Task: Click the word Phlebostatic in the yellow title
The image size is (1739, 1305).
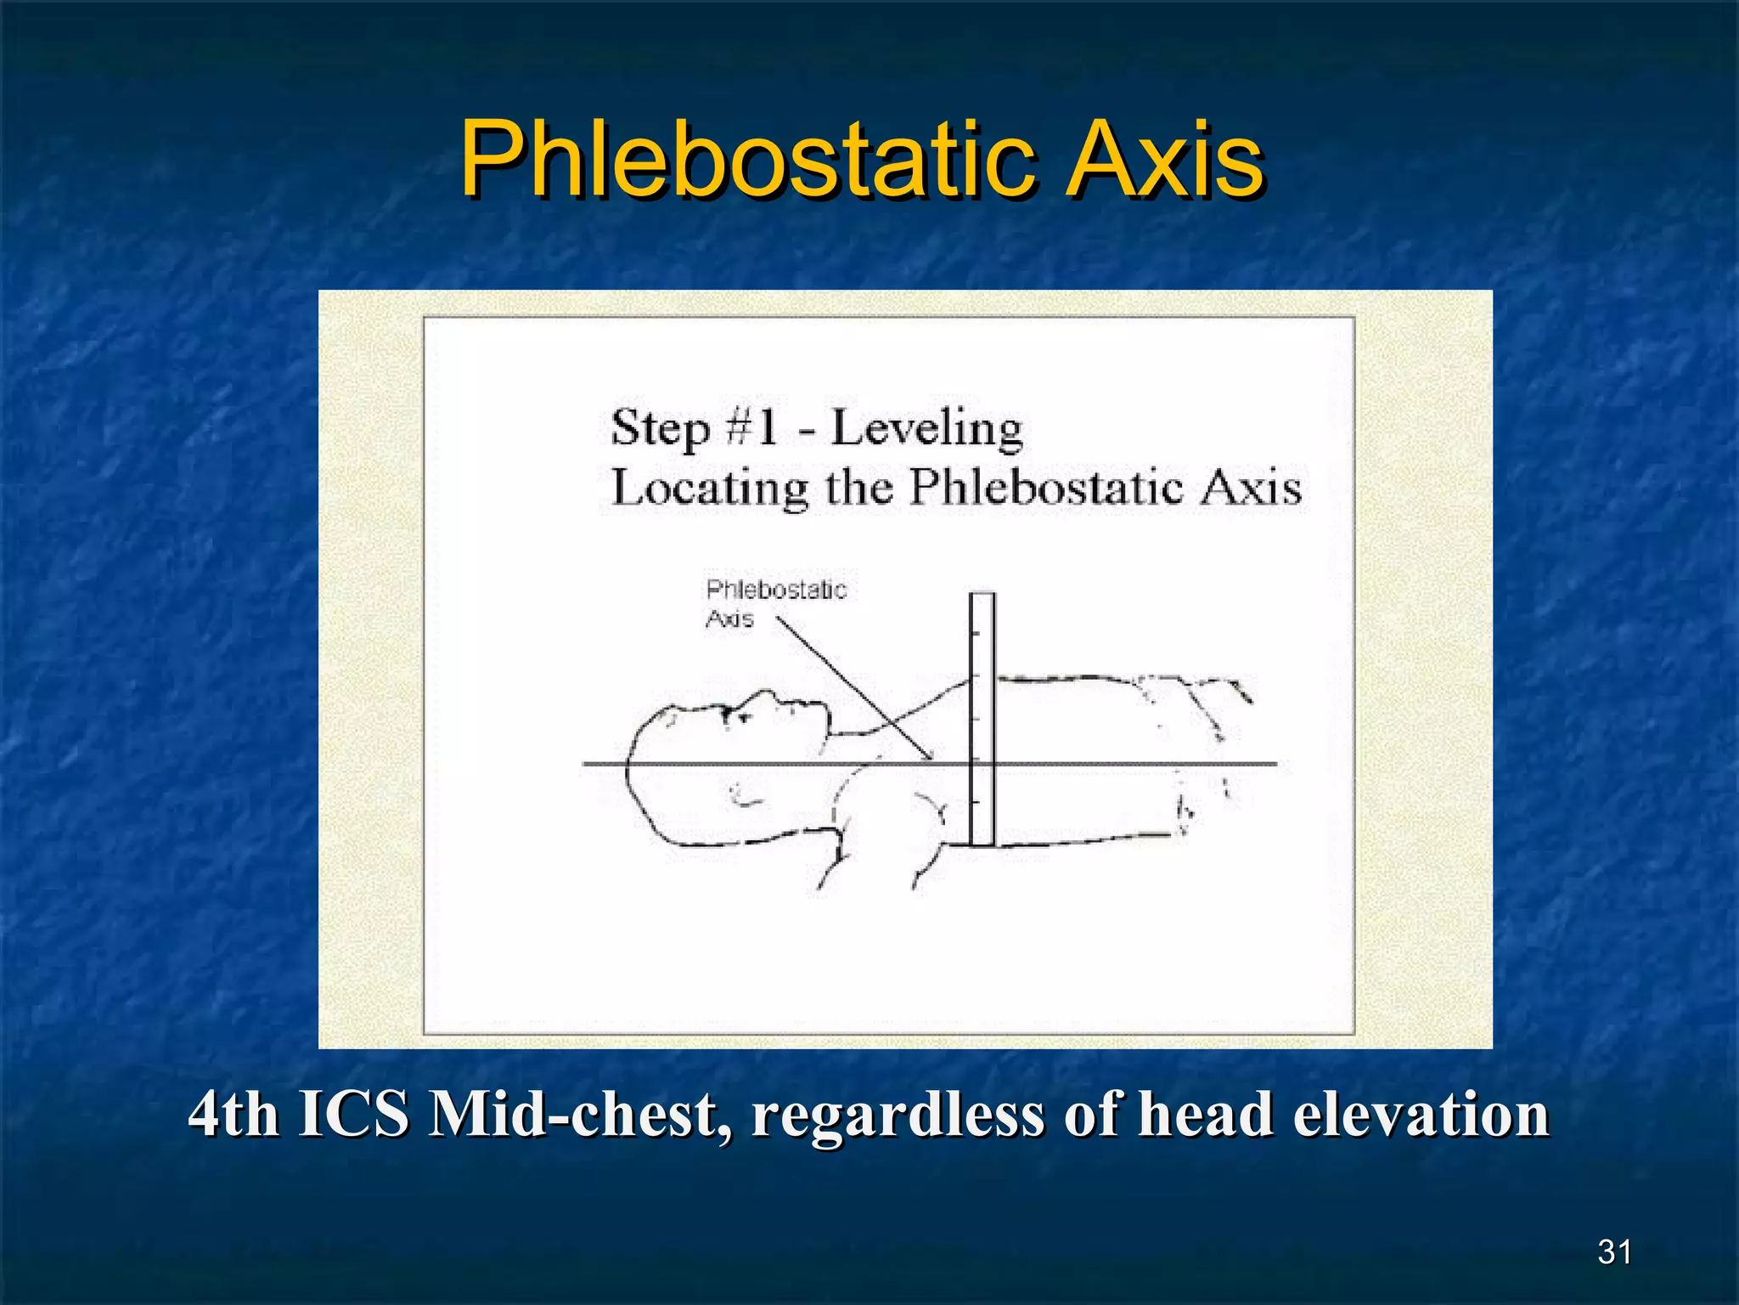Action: point(747,160)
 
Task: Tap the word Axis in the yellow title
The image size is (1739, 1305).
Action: point(1165,160)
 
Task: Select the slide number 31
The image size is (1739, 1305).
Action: point(1614,1251)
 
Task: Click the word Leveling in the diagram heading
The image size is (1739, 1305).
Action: point(926,429)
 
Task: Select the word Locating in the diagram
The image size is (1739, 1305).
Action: point(709,490)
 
